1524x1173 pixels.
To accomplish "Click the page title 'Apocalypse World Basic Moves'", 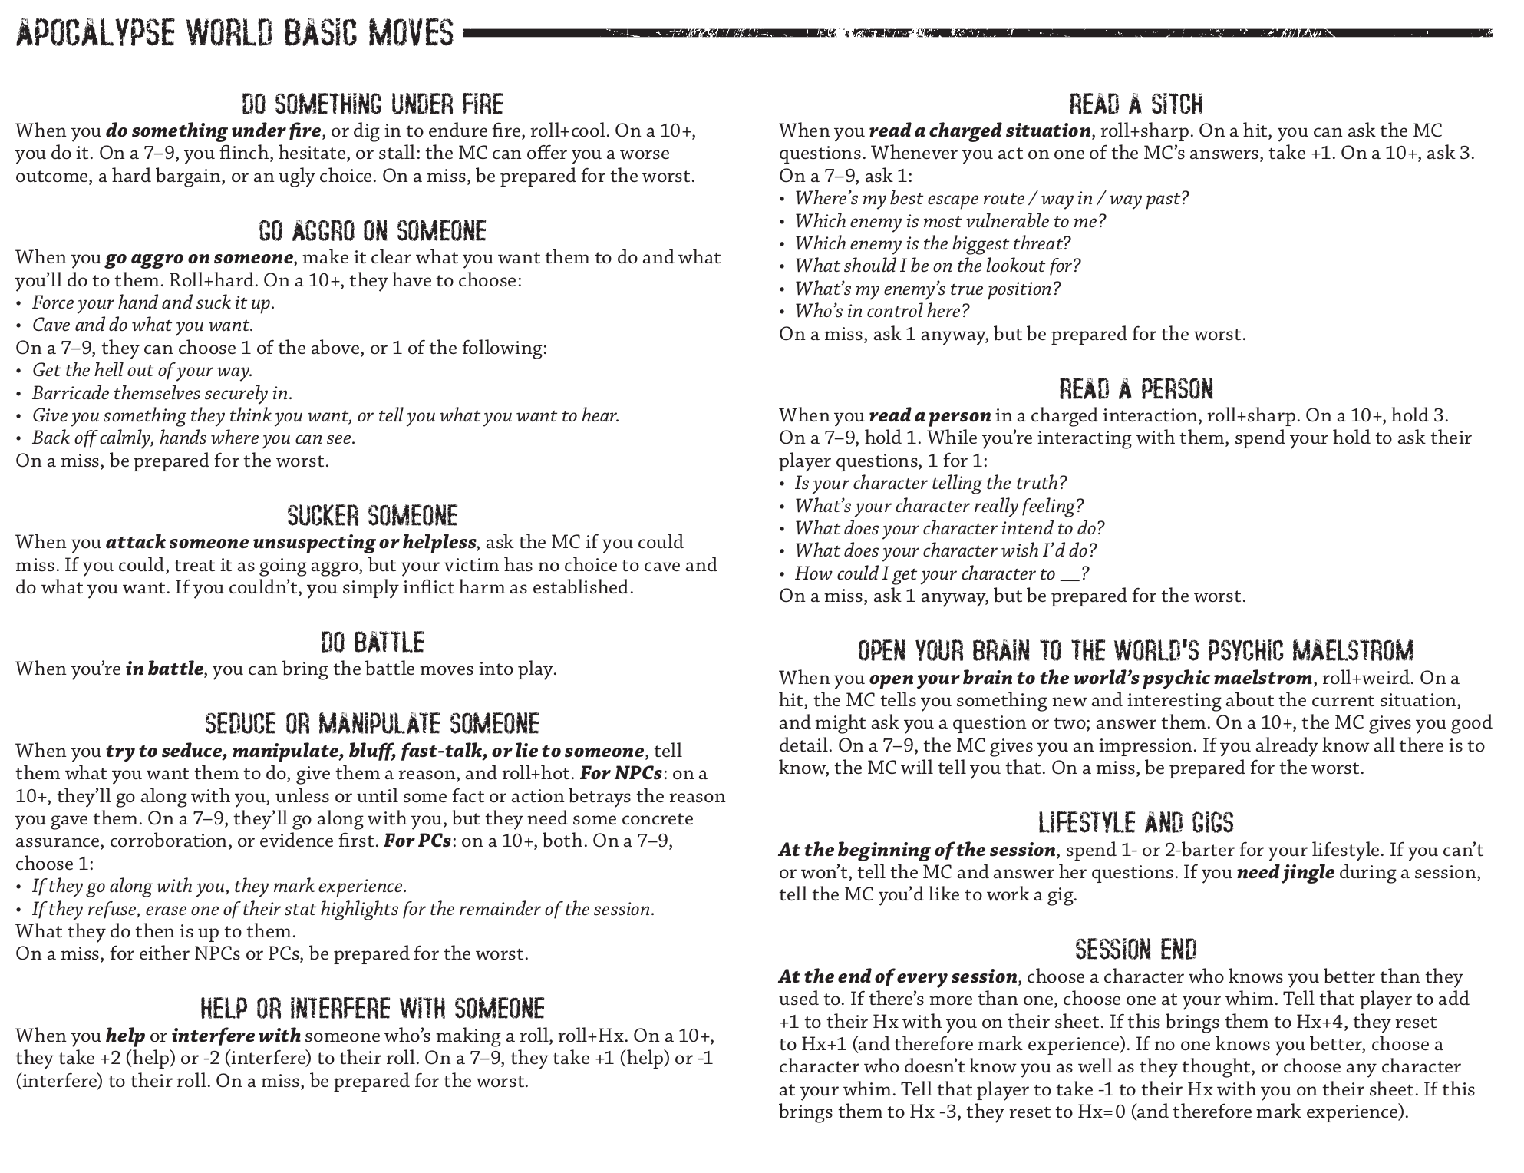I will click(x=235, y=33).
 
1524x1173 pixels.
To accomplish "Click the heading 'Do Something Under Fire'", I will click(x=372, y=104).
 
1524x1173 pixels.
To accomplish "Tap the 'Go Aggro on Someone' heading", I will click(x=372, y=231).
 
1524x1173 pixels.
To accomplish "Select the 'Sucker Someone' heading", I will click(x=372, y=515).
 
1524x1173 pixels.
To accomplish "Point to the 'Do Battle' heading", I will click(x=372, y=643).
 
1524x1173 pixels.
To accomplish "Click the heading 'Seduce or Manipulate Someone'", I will click(x=372, y=724).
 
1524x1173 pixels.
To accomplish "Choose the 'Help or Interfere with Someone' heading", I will click(x=372, y=1008).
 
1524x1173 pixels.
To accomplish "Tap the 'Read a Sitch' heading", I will click(x=1136, y=104).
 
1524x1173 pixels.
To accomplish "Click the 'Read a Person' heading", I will click(x=1136, y=389).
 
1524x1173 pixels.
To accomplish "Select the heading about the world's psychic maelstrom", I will click(x=1136, y=652).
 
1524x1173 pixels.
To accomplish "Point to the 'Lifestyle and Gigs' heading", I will click(x=1136, y=823).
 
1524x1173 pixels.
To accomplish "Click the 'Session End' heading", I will click(x=1136, y=950).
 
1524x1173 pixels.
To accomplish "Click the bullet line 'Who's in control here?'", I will click(x=882, y=311).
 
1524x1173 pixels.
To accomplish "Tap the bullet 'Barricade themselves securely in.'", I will click(x=162, y=394).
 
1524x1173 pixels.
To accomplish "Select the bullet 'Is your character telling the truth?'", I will click(x=930, y=484).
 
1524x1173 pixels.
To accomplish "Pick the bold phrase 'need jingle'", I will click(x=1285, y=873).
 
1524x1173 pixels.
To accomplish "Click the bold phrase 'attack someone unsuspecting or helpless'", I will click(x=291, y=543).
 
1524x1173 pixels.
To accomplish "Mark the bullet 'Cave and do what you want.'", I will click(x=143, y=325).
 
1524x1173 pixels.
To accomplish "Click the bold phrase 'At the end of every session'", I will click(x=898, y=977).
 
